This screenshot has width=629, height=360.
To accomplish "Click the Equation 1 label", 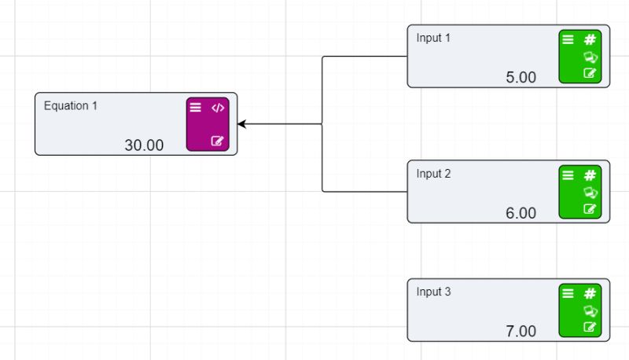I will (x=71, y=106).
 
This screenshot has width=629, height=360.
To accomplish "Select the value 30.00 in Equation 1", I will (x=144, y=145).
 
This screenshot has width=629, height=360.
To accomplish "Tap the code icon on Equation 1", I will (x=218, y=108).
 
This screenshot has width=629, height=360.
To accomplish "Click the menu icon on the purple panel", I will (x=196, y=108).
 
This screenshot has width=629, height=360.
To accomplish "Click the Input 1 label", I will (x=434, y=38).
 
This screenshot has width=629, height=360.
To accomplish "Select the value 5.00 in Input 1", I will (x=520, y=77).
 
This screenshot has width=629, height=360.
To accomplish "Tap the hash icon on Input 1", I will (x=590, y=40).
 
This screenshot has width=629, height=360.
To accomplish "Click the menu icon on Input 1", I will (x=568, y=40).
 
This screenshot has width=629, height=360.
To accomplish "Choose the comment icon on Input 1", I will (x=590, y=57).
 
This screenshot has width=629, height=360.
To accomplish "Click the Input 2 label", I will (x=434, y=174).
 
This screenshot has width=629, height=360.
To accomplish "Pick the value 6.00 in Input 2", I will (x=520, y=213).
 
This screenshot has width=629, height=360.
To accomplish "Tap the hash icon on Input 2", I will (x=590, y=175).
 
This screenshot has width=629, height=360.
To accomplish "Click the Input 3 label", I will (x=434, y=292).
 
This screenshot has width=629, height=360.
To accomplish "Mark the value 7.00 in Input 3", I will (x=520, y=331).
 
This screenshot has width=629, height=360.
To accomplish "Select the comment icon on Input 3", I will (x=590, y=310).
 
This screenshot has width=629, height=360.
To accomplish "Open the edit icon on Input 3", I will (x=590, y=327).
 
